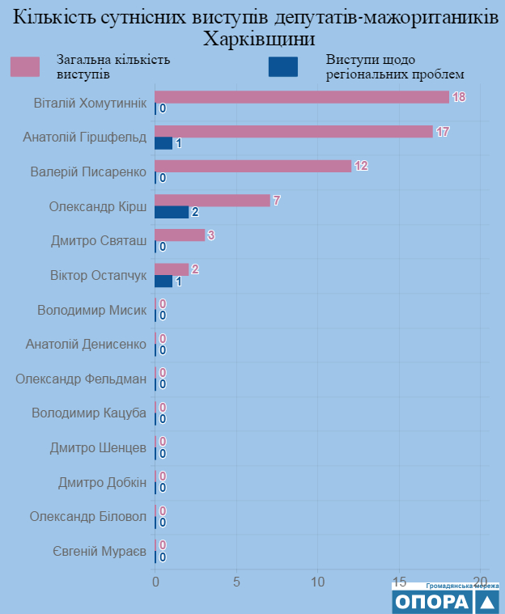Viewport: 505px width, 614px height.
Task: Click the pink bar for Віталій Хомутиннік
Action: click(301, 97)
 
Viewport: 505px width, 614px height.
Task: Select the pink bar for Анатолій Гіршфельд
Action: click(293, 132)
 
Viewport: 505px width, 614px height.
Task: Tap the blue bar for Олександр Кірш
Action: click(172, 212)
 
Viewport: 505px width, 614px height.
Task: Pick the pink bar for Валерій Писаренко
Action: click(252, 166)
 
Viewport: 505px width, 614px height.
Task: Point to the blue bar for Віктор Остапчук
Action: click(163, 281)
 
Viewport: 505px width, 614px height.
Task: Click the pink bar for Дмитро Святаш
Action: click(180, 235)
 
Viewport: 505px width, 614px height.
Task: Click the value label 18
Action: click(459, 97)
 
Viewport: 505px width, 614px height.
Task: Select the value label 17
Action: click(443, 132)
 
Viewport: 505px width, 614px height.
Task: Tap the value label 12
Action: click(361, 166)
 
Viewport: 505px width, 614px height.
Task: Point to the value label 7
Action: click(277, 201)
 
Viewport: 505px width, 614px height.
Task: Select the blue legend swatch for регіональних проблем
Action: click(282, 66)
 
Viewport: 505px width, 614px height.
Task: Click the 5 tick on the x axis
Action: click(236, 580)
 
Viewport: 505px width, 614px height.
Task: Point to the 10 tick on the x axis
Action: click(318, 580)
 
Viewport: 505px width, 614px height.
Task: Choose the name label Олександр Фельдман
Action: click(81, 379)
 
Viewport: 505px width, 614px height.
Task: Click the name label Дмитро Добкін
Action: click(102, 483)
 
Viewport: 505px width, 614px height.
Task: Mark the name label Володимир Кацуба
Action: click(89, 413)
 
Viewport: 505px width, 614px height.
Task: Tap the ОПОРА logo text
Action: click(431, 601)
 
